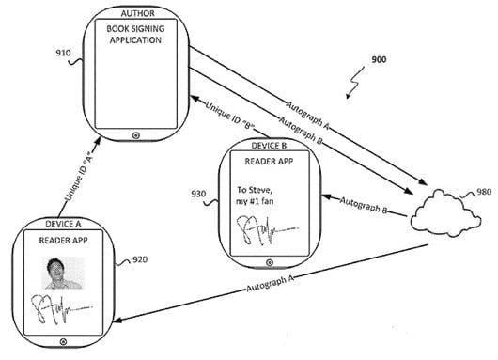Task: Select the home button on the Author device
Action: coord(136,135)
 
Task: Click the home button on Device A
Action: coord(63,342)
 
